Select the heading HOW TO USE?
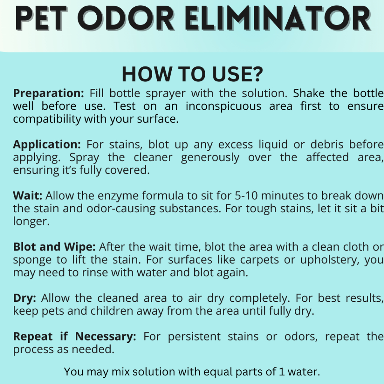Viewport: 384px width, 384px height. pyautogui.click(x=192, y=74)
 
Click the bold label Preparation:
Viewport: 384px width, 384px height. pyautogui.click(x=48, y=93)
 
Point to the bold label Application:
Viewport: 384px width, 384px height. pyautogui.click(x=47, y=144)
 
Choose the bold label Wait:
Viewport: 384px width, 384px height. pyautogui.click(x=28, y=195)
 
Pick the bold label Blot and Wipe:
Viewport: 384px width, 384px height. pyautogui.click(x=54, y=247)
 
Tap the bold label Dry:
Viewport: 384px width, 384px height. pyautogui.click(x=24, y=298)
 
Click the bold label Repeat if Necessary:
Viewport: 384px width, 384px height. pyautogui.click(x=75, y=336)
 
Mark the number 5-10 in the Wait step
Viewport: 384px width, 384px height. pyautogui.click(x=246, y=196)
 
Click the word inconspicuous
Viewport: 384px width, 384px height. pyautogui.click(x=223, y=106)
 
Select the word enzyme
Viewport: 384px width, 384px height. pyautogui.click(x=118, y=196)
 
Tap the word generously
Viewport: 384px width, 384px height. pyautogui.click(x=210, y=157)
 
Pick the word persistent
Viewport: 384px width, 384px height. pyautogui.click(x=194, y=337)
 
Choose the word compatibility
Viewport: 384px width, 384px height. pyautogui.click(x=47, y=119)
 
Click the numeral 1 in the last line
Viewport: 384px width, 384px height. pyautogui.click(x=282, y=372)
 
